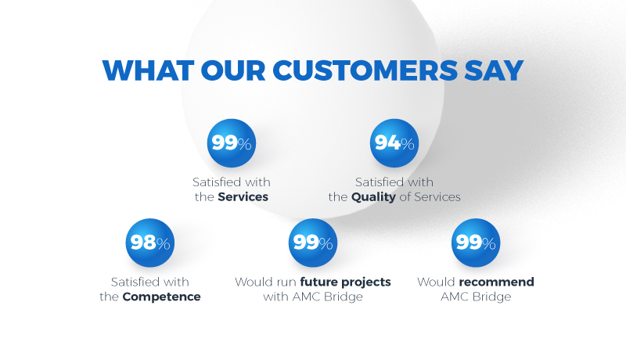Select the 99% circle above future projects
(313, 243)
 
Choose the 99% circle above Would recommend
(476, 243)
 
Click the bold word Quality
(373, 197)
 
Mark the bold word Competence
(162, 297)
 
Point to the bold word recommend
(496, 282)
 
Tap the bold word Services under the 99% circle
(243, 197)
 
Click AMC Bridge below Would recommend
(476, 297)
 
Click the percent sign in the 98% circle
(163, 244)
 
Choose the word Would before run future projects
(252, 282)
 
